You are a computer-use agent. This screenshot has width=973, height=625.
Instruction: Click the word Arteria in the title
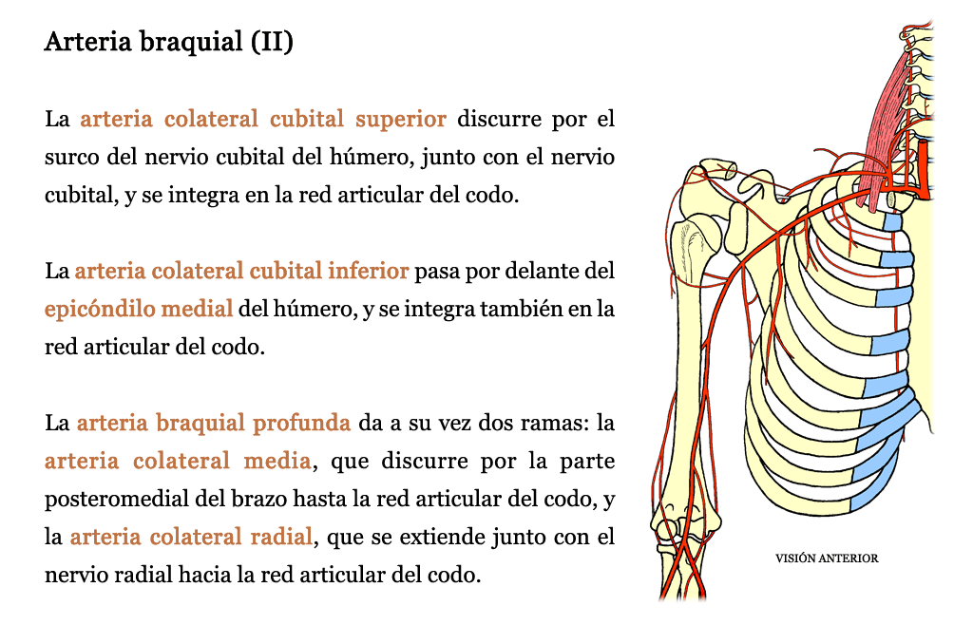[x=88, y=42]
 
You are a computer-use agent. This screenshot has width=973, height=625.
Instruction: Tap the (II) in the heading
[x=273, y=42]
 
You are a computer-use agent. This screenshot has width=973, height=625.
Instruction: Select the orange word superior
[x=401, y=119]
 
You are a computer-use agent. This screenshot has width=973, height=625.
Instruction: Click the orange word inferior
[x=369, y=271]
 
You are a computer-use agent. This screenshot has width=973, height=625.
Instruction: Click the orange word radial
[x=281, y=537]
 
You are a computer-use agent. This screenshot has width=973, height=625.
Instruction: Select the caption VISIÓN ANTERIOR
[x=827, y=559]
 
